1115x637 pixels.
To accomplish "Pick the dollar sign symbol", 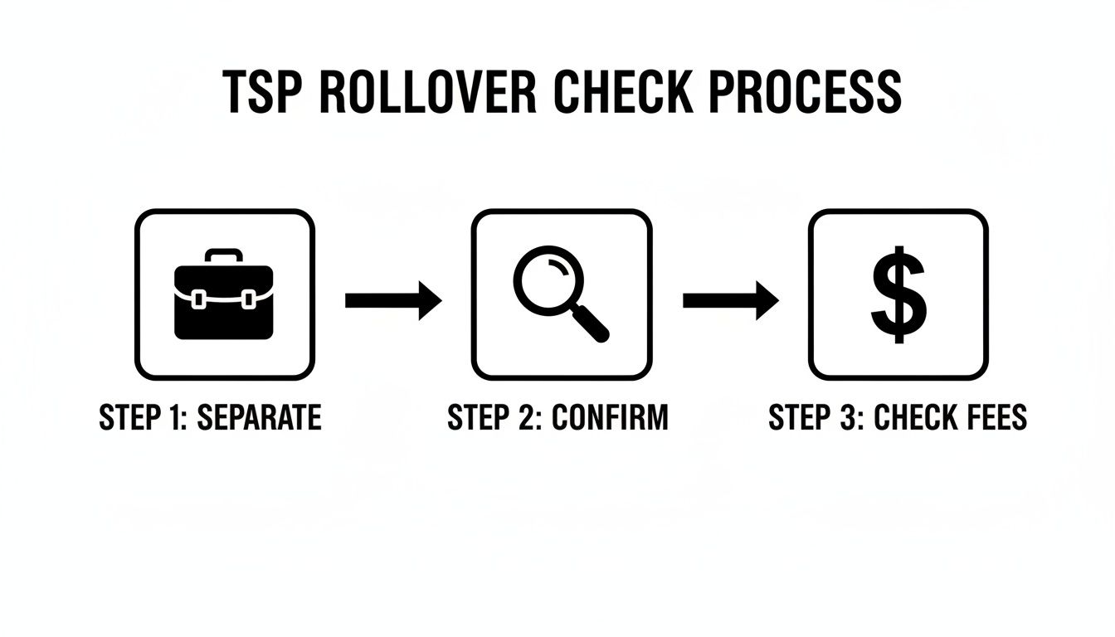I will tap(898, 295).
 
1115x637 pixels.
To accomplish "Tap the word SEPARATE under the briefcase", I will tap(258, 418).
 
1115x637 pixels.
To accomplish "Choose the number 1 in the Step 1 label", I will tap(180, 418).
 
